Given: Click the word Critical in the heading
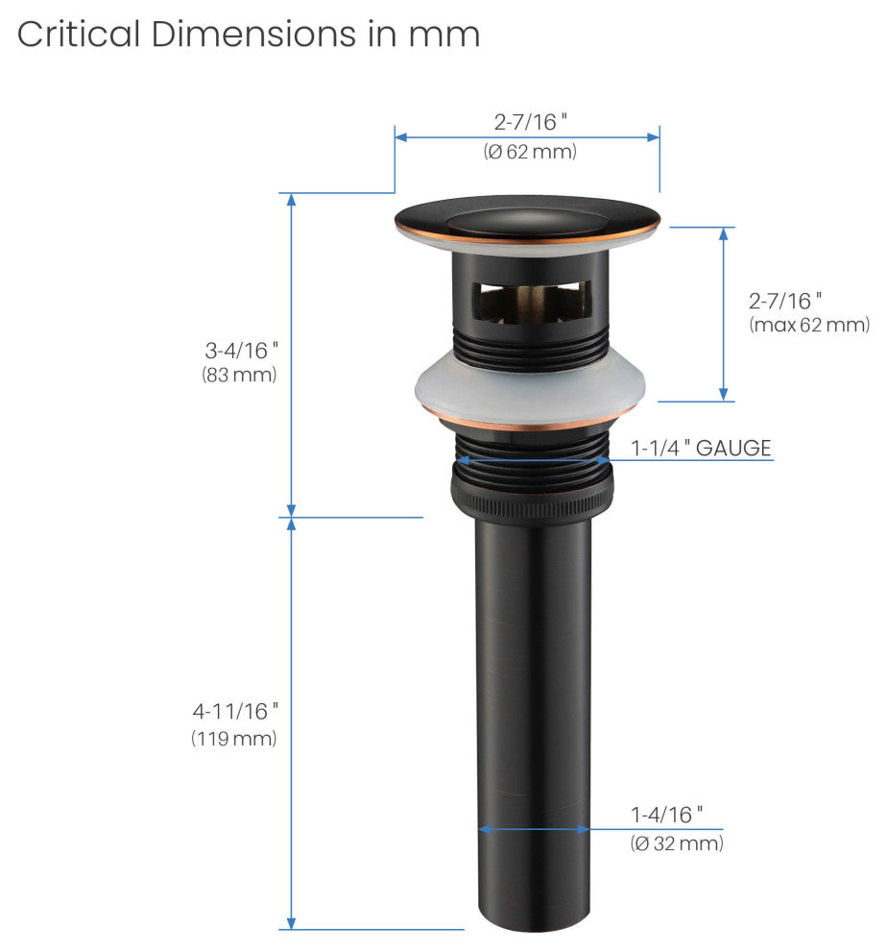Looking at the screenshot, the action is [x=79, y=34].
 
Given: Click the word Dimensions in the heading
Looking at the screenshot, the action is [x=253, y=34].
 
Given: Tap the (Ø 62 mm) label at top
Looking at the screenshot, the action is [x=530, y=151].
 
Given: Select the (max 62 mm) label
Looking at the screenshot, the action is [x=809, y=325].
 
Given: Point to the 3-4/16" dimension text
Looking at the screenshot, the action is [x=241, y=350].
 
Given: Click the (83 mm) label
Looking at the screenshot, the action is [x=239, y=375].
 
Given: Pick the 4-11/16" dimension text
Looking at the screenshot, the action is [x=235, y=711].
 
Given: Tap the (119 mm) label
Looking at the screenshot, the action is [x=234, y=738].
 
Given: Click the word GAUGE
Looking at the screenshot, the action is [x=733, y=449].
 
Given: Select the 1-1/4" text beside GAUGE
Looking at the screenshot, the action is [x=660, y=449].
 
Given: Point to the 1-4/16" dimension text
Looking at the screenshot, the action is [x=666, y=815].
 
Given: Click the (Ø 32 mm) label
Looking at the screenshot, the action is [x=677, y=843].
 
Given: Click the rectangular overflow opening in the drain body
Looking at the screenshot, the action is [x=531, y=301].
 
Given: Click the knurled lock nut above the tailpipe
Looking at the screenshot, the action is [x=532, y=496].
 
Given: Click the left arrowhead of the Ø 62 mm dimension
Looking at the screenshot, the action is [x=400, y=137].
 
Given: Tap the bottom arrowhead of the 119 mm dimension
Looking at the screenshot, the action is [x=291, y=922].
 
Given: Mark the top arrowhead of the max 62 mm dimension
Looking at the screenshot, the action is [x=723, y=234].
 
